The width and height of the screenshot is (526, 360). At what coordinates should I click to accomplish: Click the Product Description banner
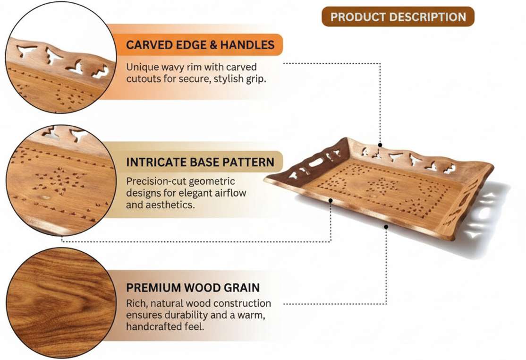pyautogui.click(x=398, y=17)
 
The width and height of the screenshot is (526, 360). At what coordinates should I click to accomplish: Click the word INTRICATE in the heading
pyautogui.click(x=156, y=163)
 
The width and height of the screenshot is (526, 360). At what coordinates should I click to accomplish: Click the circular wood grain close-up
pyautogui.click(x=61, y=303)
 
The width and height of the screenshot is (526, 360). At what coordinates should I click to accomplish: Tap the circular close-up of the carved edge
pyautogui.click(x=61, y=58)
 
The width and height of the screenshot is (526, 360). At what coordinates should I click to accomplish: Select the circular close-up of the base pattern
pyautogui.click(x=61, y=180)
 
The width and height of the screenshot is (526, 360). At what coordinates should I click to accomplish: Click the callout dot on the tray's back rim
pyautogui.click(x=380, y=145)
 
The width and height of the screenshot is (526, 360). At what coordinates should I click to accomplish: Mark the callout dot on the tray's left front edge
pyautogui.click(x=331, y=200)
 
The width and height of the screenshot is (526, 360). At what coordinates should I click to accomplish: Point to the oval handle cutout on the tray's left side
pyautogui.click(x=315, y=163)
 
